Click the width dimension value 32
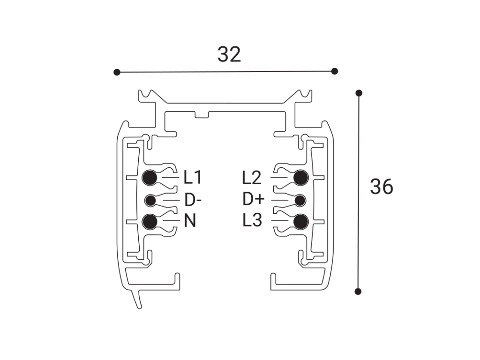click(229, 54)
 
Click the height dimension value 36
click(382, 187)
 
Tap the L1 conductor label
click(193, 177)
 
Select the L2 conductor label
click(252, 178)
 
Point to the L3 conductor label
click(252, 220)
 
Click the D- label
click(193, 200)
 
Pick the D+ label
click(254, 199)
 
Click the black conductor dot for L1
click(150, 178)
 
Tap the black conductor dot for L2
click(300, 178)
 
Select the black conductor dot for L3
click(300, 222)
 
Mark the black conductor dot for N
click(150, 222)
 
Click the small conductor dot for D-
click(150, 201)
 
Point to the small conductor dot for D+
click(300, 201)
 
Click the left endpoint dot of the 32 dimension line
click(117, 72)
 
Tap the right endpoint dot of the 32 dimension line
click(335, 71)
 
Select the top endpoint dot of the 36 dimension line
click(359, 93)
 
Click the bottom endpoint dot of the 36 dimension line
click(358, 292)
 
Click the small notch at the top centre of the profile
click(202, 115)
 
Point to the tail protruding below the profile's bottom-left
click(137, 299)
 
